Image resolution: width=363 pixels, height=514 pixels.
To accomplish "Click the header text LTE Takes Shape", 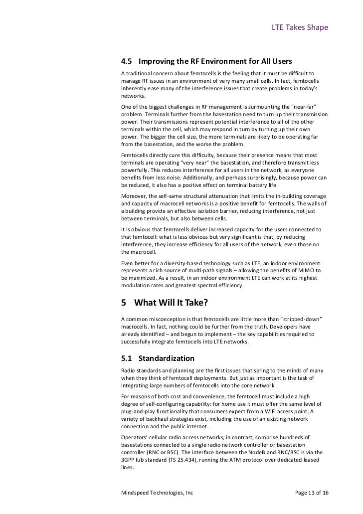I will (299, 27).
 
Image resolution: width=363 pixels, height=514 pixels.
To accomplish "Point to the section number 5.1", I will (127, 358).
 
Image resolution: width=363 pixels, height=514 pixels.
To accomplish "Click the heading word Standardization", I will (167, 358).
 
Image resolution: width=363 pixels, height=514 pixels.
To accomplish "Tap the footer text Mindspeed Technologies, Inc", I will (157, 493).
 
